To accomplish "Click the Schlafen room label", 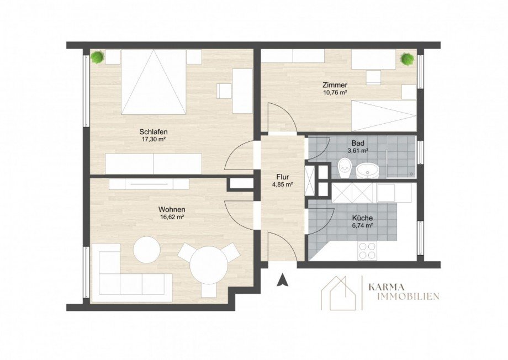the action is pyautogui.click(x=154, y=132).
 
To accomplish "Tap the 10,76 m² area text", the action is pyautogui.click(x=335, y=92).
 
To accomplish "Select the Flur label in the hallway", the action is pyautogui.click(x=283, y=177).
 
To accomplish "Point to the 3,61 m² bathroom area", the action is pyautogui.click(x=358, y=151).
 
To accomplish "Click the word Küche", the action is pyautogui.click(x=362, y=218).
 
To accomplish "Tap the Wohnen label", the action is pyautogui.click(x=172, y=209).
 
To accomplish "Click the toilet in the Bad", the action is pyautogui.click(x=344, y=168).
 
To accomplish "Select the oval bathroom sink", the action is pyautogui.click(x=368, y=171).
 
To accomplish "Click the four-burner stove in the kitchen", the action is pyautogui.click(x=367, y=251).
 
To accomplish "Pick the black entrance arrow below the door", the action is pyautogui.click(x=283, y=280).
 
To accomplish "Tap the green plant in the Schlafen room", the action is pyautogui.click(x=98, y=57).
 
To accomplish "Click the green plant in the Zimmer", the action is pyautogui.click(x=408, y=59).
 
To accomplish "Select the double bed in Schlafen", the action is pyautogui.click(x=154, y=82).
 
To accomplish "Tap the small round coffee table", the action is pyautogui.click(x=147, y=250).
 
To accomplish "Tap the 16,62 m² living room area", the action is pyautogui.click(x=172, y=217).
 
